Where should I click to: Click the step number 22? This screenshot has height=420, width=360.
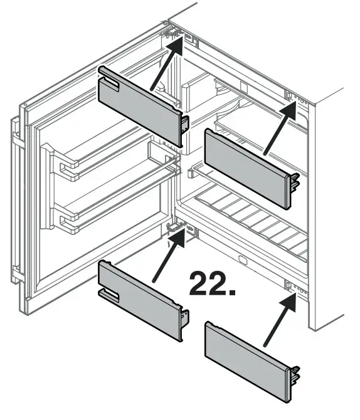point(212,283)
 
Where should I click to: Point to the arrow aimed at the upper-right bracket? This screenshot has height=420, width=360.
point(279,129)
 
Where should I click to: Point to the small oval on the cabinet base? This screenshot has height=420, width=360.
point(241,259)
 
